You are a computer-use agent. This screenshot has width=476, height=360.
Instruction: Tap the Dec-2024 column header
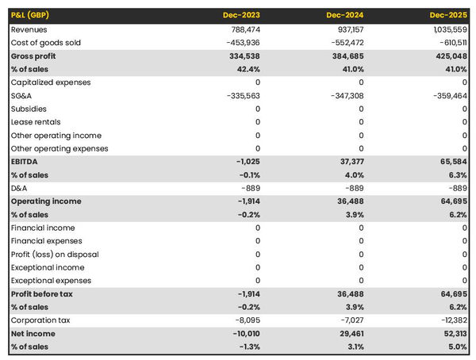(345, 15)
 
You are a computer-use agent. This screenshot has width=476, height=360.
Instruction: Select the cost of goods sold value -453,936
(243, 43)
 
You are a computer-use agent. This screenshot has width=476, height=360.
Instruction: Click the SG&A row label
(22, 96)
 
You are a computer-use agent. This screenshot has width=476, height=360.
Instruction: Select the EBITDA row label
(26, 162)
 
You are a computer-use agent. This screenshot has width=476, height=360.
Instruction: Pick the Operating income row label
(45, 201)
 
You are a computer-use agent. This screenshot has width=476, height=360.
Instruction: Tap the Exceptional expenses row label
(51, 281)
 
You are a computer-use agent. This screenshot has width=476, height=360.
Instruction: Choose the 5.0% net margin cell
(456, 347)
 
